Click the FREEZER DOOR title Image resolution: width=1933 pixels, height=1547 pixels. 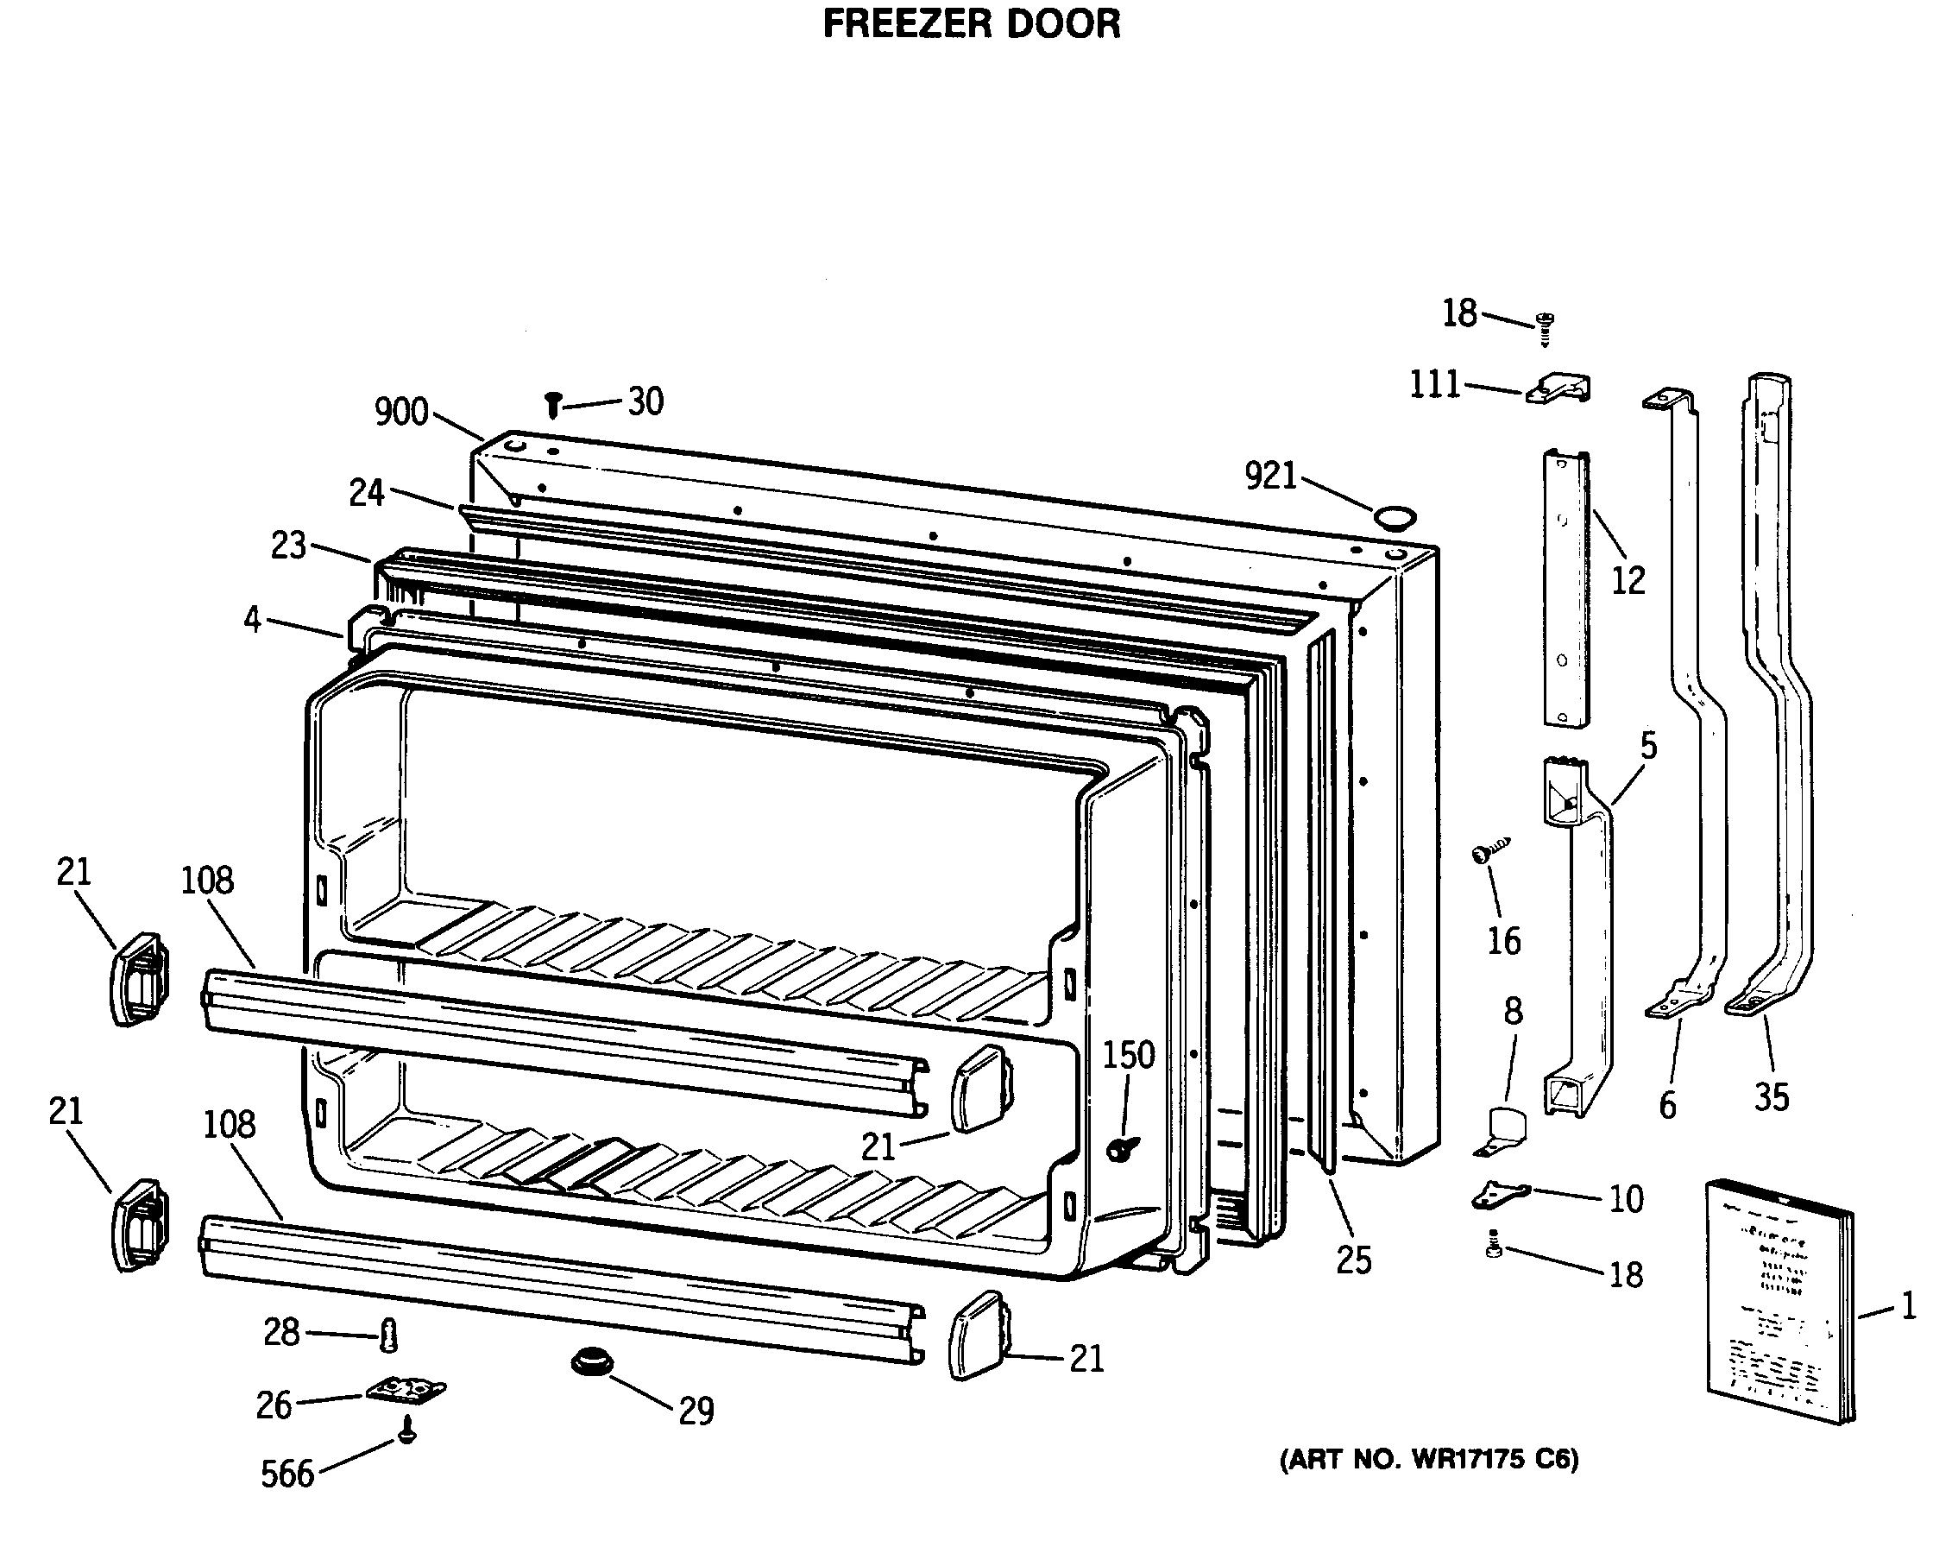(971, 24)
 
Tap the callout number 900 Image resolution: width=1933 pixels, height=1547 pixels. (400, 412)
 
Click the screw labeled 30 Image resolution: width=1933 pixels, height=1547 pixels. (553, 405)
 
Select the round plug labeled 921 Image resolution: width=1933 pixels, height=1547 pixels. (1395, 516)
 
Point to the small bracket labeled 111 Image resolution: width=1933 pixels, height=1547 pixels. (1559, 389)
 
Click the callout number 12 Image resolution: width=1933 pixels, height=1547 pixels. (1628, 581)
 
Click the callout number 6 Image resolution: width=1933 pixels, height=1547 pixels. (1666, 1106)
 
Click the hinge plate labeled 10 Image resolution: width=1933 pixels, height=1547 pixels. (1500, 1194)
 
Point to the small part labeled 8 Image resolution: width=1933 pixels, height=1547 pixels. (1503, 1131)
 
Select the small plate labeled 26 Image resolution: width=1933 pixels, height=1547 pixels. (406, 1391)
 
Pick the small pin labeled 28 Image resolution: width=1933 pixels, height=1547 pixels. (388, 1335)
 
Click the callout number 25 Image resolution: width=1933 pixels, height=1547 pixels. (1353, 1260)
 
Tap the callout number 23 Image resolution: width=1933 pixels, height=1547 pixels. (289, 546)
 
